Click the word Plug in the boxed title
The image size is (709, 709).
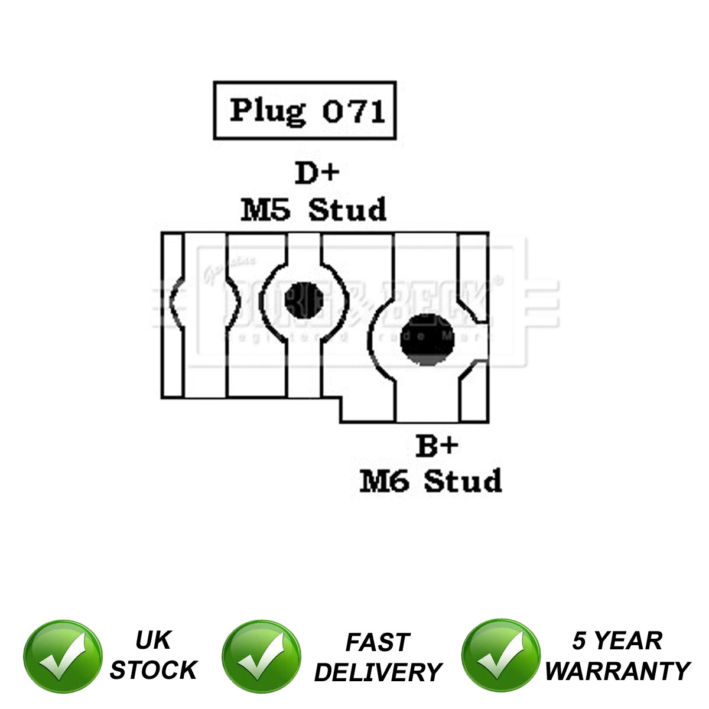[x=268, y=111]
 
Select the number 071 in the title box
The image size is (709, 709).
[x=354, y=111]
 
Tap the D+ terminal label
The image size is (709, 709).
[x=317, y=173]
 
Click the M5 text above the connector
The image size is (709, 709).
[x=265, y=210]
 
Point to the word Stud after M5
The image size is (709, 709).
[x=348, y=210]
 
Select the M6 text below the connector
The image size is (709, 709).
[x=385, y=482]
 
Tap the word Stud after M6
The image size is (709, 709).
[x=463, y=482]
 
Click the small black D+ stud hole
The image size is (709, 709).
[x=304, y=299]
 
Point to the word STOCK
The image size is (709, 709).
[x=153, y=670]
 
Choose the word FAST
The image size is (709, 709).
[x=378, y=642]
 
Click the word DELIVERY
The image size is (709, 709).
[x=378, y=672]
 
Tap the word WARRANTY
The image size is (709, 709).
[x=617, y=671]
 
